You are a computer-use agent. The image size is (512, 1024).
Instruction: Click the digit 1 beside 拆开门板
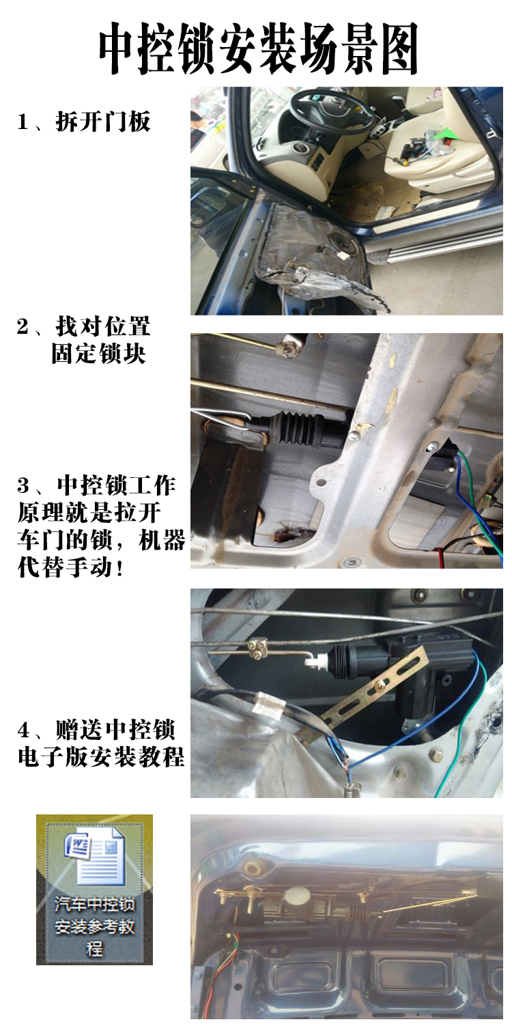click(x=23, y=122)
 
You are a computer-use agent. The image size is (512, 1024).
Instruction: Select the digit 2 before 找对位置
click(x=23, y=327)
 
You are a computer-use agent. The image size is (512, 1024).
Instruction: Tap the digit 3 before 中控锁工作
click(x=24, y=486)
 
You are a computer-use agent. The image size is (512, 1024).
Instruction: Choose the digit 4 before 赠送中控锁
click(x=24, y=731)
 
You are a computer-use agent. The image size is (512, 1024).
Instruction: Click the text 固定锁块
click(x=98, y=355)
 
